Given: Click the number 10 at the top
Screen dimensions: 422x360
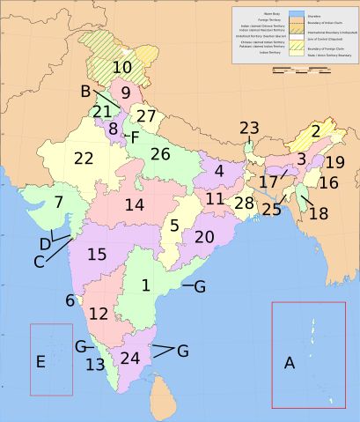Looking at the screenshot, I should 122,66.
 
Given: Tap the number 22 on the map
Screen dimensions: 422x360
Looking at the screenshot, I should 84,159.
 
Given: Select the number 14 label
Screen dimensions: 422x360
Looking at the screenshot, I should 134,205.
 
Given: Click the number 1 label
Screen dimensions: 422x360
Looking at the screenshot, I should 146,285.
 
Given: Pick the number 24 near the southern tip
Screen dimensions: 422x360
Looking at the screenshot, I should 130,359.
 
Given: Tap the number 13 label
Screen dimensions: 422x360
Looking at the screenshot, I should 95,364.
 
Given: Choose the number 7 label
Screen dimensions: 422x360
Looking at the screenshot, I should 58,202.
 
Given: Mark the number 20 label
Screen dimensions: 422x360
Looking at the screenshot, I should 204,237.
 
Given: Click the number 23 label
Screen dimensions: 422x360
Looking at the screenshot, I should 249,129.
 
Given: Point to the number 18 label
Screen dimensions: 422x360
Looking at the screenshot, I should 319,214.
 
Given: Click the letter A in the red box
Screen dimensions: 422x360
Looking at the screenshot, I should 289,362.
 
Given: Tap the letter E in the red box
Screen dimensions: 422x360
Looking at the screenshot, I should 40,361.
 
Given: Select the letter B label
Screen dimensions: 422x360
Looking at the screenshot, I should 85,92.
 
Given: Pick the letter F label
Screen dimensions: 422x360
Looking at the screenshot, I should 135,137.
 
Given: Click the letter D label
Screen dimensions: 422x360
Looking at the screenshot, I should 45,243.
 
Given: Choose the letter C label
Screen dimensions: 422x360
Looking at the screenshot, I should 39,262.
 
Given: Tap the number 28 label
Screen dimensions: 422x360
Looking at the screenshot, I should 244,204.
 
